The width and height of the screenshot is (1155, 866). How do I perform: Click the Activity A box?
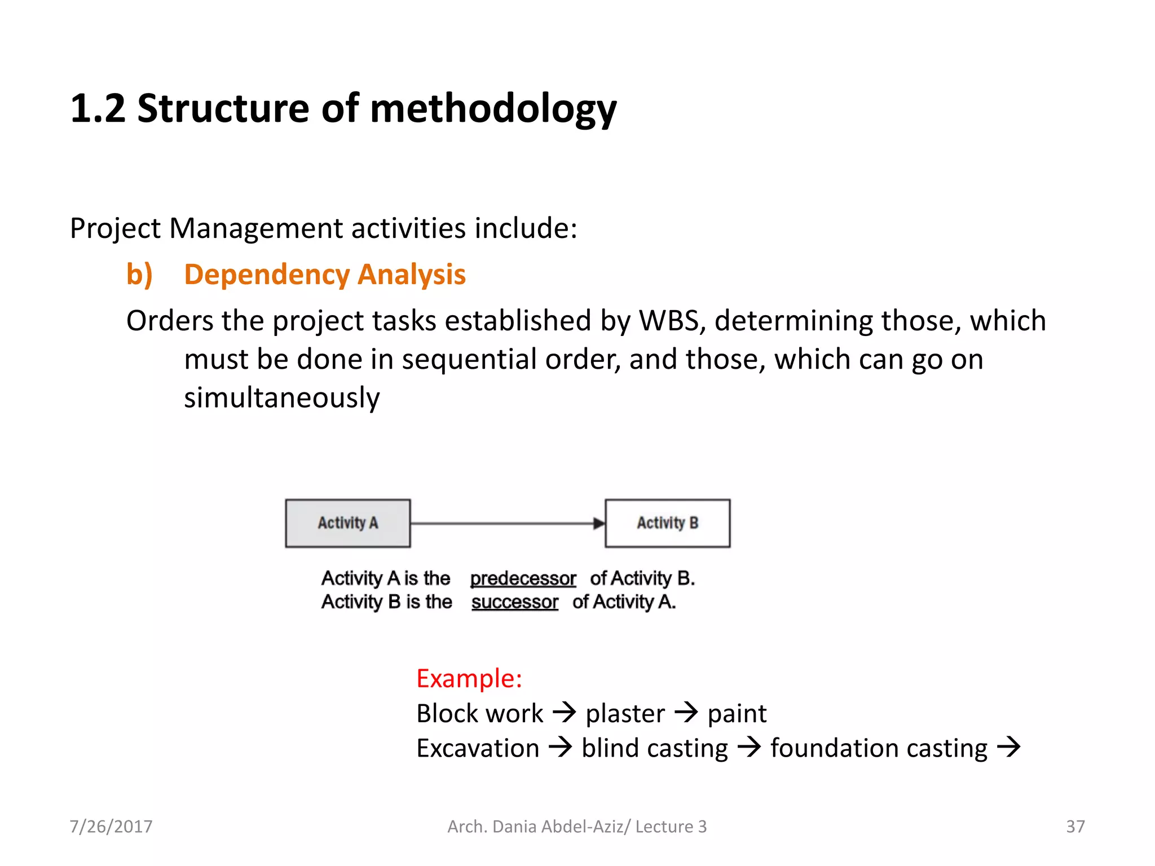click(x=347, y=523)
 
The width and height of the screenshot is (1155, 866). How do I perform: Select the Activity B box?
click(x=667, y=523)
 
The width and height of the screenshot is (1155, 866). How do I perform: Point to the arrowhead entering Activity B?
click(x=599, y=524)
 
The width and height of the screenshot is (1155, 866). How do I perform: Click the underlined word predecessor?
click(x=523, y=578)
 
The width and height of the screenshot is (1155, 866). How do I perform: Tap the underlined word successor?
click(x=514, y=602)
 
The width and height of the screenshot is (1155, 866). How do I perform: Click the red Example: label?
click(x=469, y=678)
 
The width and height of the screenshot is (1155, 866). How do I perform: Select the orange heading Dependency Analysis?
click(x=325, y=275)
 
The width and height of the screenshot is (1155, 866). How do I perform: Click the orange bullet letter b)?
click(x=139, y=275)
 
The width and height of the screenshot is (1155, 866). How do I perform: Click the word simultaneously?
click(x=282, y=398)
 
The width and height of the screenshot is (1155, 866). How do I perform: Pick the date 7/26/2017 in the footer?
click(x=111, y=827)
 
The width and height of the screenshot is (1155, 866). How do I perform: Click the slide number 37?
click(x=1075, y=827)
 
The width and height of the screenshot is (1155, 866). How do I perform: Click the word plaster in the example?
click(x=625, y=714)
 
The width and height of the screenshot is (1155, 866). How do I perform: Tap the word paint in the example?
click(x=737, y=714)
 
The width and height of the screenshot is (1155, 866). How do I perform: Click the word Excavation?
click(x=478, y=749)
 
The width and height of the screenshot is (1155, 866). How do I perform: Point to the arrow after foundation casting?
click(x=1009, y=748)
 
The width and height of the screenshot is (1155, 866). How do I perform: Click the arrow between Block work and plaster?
click(x=564, y=713)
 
